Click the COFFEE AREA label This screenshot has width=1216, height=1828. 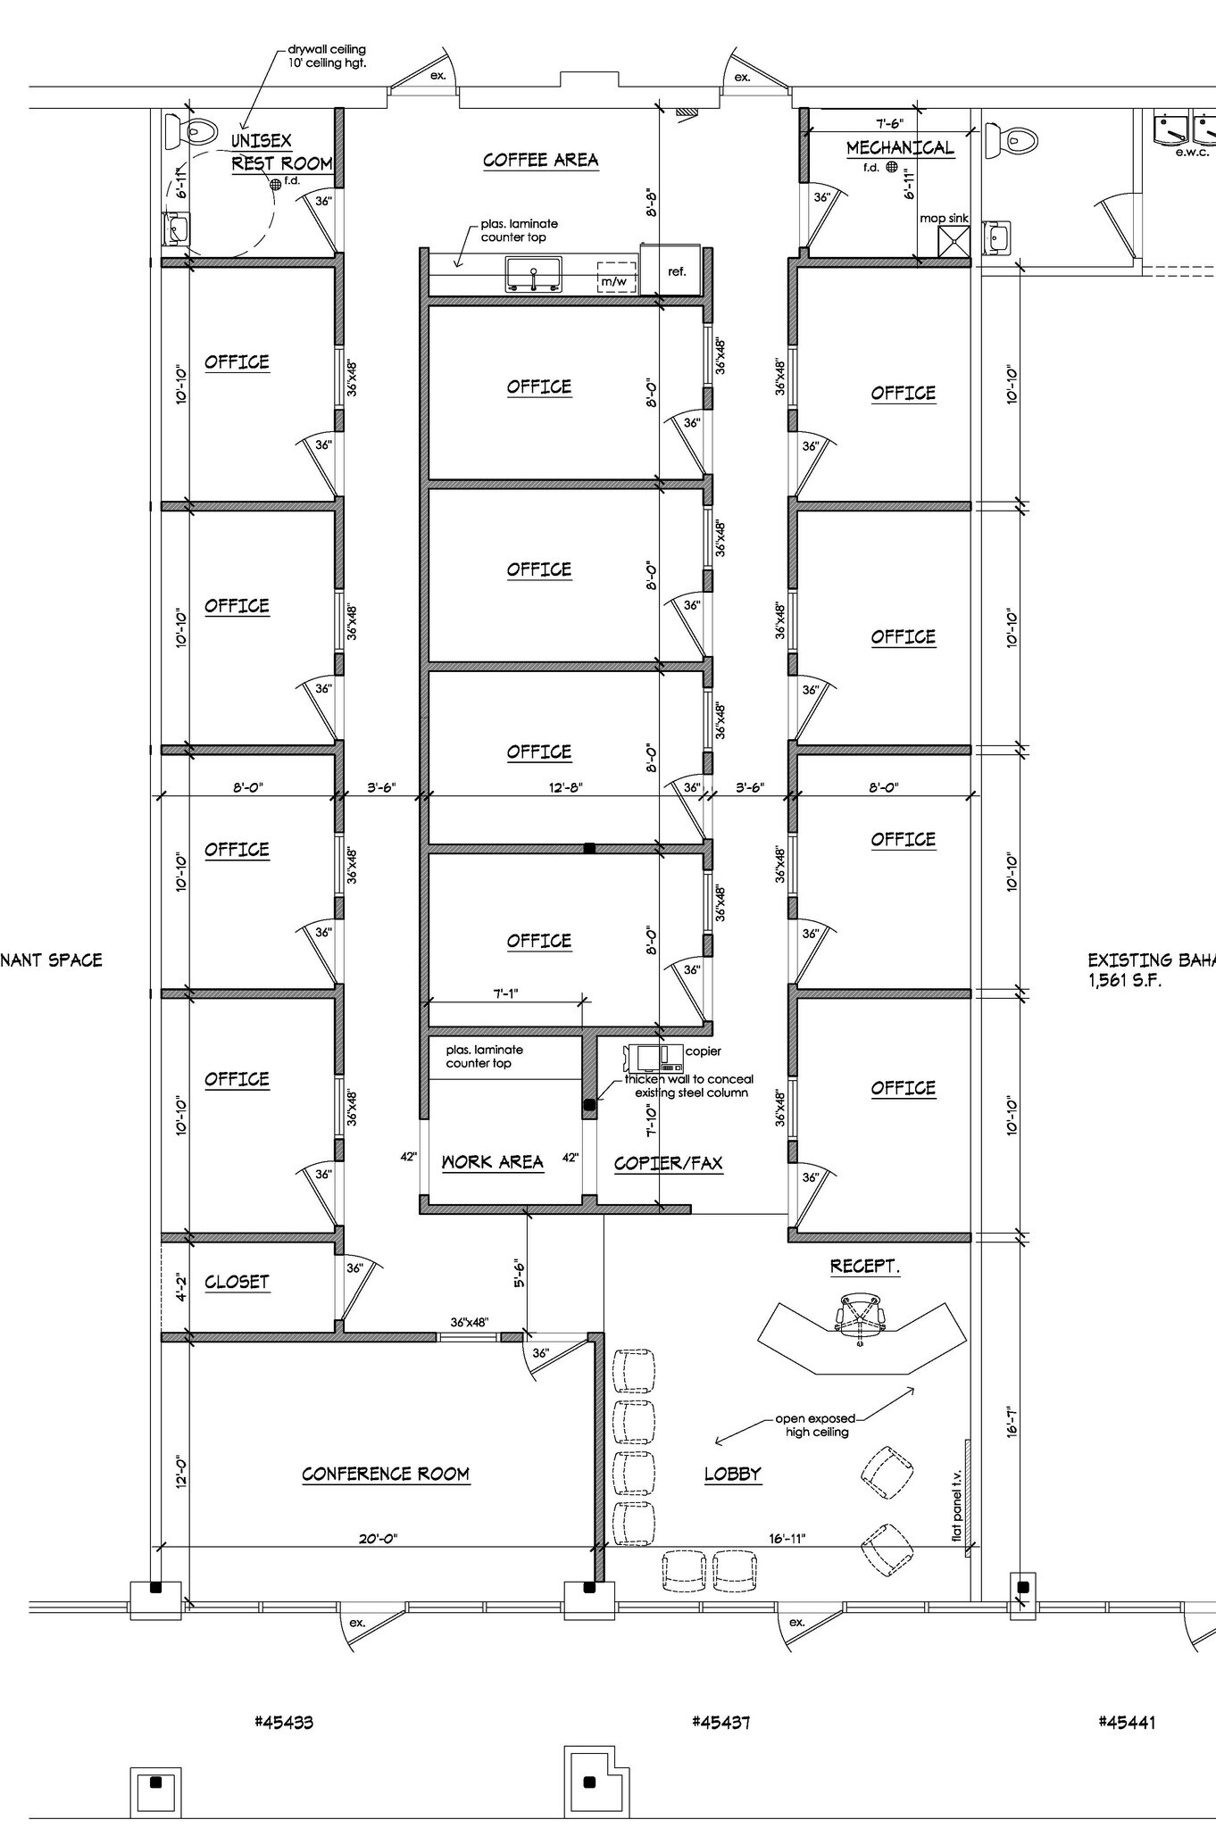tap(540, 160)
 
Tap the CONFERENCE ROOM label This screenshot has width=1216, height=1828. tap(386, 1474)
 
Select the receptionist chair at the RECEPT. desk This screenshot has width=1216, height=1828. tap(861, 1314)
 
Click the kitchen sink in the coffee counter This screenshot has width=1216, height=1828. tap(533, 274)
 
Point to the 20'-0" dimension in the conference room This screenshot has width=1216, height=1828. tap(378, 1538)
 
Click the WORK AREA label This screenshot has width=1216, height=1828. tap(492, 1161)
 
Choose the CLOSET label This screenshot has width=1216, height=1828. tap(237, 1282)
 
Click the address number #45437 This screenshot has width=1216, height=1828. tap(720, 1722)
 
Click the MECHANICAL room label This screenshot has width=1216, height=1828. tap(899, 147)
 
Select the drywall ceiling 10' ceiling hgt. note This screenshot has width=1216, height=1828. tap(326, 56)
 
